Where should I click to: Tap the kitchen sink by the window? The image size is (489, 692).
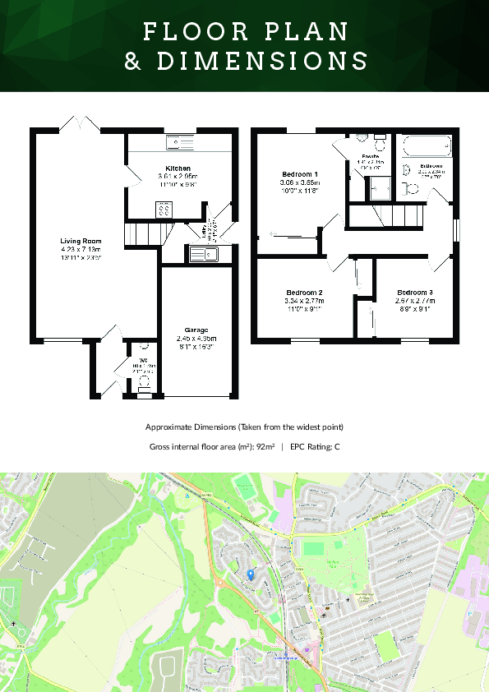178,143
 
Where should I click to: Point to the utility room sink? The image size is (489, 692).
201,255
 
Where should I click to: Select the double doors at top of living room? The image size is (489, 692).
80,124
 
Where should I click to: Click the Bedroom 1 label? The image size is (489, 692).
299,174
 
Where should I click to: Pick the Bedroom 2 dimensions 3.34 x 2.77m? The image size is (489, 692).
303,301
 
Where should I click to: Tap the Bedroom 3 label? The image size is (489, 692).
414,293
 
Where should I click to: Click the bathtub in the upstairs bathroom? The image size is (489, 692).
425,146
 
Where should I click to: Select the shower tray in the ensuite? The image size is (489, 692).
379,190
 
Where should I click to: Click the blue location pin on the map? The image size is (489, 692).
250,574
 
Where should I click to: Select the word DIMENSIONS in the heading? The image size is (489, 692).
260,62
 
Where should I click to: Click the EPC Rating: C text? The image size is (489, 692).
315,447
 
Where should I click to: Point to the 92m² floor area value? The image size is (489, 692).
263,447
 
